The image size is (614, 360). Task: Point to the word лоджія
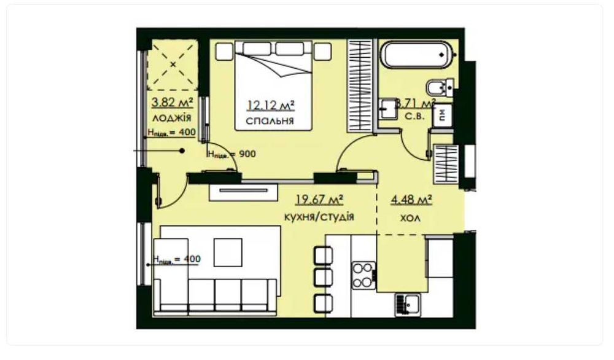[172, 117]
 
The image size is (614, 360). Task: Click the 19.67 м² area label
[319, 200]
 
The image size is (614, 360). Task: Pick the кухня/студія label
[319, 217]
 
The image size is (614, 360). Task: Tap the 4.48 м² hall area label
[411, 200]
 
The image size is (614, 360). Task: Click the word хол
[411, 217]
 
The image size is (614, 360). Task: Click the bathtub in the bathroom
[418, 55]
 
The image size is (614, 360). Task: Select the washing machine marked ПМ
[441, 115]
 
